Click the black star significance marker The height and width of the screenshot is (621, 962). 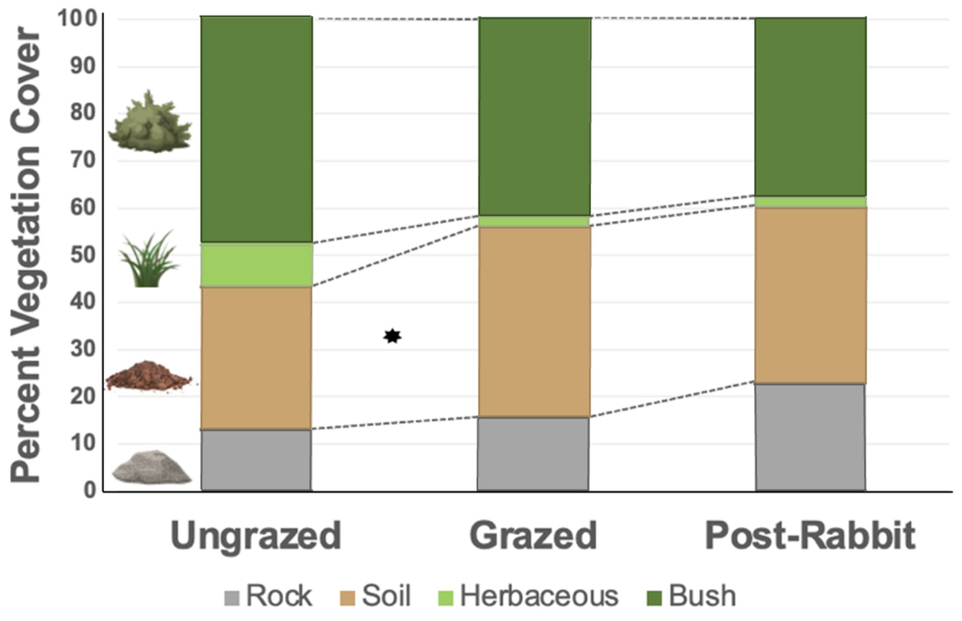point(392,336)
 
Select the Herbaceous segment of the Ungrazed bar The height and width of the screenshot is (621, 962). point(257,265)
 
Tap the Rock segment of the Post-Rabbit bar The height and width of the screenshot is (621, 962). point(810,437)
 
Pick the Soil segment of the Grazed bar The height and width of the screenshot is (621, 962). point(534,322)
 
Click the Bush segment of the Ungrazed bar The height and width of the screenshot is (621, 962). point(257,129)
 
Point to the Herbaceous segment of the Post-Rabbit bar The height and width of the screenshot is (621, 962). point(810,202)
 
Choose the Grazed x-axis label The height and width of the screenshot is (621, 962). point(533,536)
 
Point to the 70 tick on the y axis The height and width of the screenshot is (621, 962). point(83,161)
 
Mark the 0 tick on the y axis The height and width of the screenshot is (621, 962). point(90,490)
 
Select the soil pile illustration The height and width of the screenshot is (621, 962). point(149,377)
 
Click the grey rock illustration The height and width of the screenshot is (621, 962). point(151,468)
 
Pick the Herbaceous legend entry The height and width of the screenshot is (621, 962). point(528,596)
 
